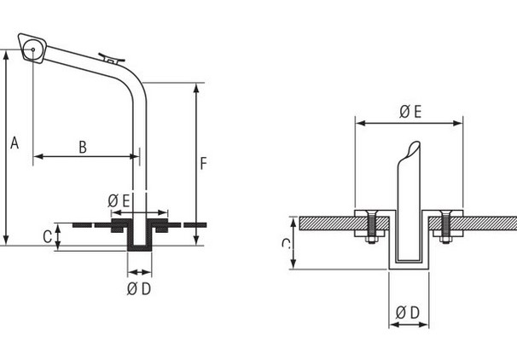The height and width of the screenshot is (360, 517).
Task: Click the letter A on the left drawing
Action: (14, 143)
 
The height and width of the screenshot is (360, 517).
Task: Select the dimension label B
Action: (83, 147)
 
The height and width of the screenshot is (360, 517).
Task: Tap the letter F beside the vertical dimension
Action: (203, 163)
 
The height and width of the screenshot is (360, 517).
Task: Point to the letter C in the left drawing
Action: (46, 237)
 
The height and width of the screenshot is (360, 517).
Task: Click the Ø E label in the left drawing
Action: (119, 200)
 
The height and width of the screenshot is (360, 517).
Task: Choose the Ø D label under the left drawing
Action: (139, 288)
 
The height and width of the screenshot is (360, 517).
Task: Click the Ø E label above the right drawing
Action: (410, 111)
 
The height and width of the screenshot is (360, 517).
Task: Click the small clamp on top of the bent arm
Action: (110, 59)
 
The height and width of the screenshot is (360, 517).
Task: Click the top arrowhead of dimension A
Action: (8, 54)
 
